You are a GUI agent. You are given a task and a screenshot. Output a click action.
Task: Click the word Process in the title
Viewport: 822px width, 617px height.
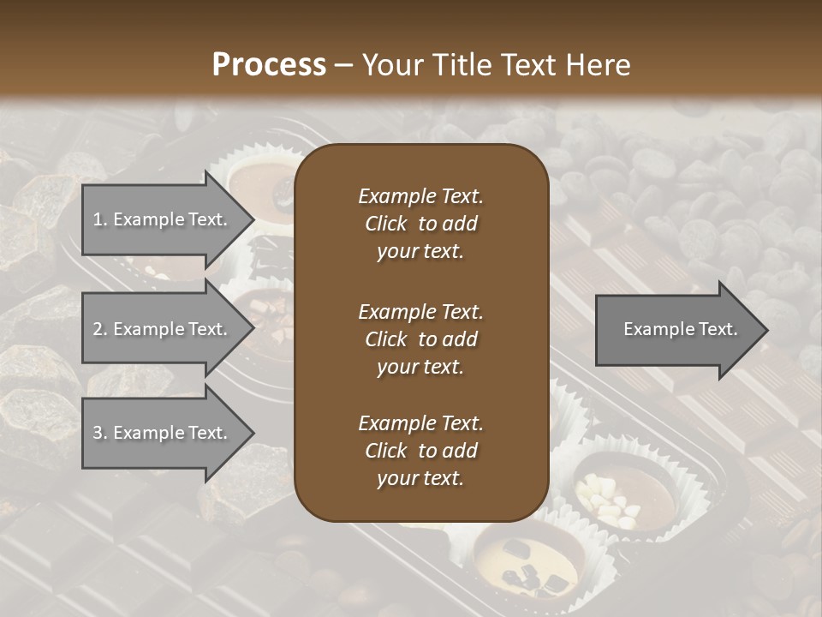(269, 65)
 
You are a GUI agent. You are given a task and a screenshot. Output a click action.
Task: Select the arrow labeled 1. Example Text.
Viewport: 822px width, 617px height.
(163, 219)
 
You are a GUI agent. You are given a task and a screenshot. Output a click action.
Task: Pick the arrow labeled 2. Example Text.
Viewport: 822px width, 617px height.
(163, 329)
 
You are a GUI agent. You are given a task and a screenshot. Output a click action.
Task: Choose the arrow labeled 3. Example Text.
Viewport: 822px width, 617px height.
(163, 434)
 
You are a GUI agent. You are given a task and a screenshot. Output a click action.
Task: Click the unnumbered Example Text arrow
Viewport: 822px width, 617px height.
(676, 330)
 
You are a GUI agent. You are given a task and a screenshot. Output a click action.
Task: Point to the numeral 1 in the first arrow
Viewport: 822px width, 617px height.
(97, 220)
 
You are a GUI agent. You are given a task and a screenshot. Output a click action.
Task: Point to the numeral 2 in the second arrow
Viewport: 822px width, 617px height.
(97, 330)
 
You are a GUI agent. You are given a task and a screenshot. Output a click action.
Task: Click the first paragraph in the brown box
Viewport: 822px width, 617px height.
(420, 224)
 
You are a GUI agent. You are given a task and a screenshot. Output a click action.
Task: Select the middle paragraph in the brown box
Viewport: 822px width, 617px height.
(420, 339)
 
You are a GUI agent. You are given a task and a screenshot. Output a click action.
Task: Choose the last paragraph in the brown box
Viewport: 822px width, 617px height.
(420, 451)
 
